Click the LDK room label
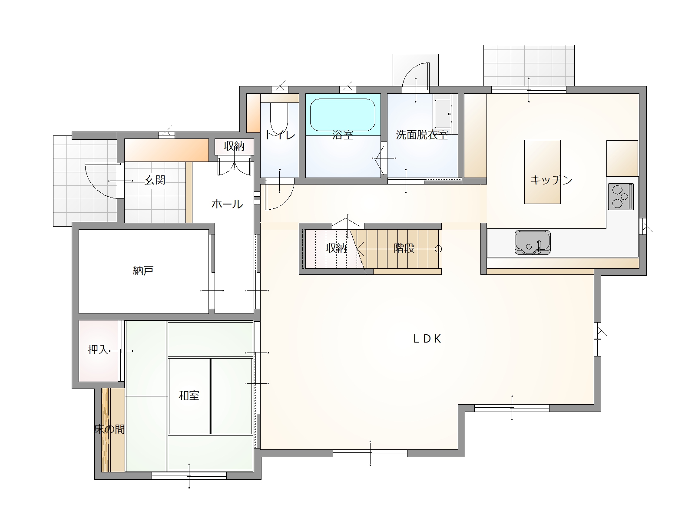click(427, 339)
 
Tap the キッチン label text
click(551, 180)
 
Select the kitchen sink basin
click(533, 242)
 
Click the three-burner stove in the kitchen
click(621, 196)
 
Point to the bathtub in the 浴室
click(343, 115)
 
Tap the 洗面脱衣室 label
click(422, 135)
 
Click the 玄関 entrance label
click(155, 180)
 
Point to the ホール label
click(227, 204)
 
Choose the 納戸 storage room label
click(143, 271)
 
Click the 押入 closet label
click(98, 350)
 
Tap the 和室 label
click(189, 396)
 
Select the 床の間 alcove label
click(109, 429)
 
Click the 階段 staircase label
click(404, 248)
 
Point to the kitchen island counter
click(543, 172)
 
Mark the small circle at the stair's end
click(438, 249)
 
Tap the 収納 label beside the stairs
click(336, 248)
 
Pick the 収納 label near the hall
click(234, 146)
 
